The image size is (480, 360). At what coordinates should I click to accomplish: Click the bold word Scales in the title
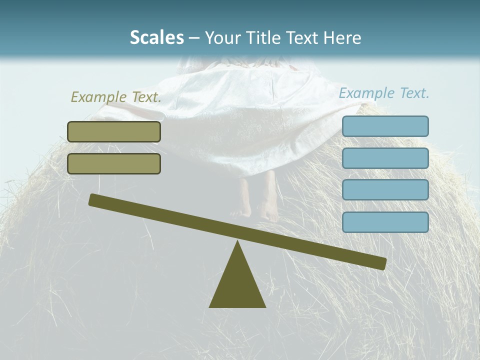coord(156,38)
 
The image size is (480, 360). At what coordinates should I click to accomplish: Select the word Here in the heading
coord(342,38)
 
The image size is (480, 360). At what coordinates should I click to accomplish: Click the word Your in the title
coord(223,38)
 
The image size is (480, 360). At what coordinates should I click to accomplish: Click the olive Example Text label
coord(116,97)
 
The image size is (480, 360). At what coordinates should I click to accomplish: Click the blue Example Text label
coord(384,93)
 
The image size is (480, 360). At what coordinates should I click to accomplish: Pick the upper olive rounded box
coord(114,131)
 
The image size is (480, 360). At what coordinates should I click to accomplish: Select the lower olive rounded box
coord(114,163)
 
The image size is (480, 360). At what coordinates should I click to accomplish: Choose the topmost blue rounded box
coord(385,126)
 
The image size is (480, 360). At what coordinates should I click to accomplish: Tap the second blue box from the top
coord(385,158)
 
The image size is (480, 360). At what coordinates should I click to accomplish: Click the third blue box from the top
coord(385,190)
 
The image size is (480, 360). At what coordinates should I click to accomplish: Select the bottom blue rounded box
coord(385,222)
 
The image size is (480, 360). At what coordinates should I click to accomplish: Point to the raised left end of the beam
coord(95,200)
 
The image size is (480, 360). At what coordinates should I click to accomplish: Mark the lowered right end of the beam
coord(380,263)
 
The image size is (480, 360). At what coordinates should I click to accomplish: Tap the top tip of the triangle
coord(237,243)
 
